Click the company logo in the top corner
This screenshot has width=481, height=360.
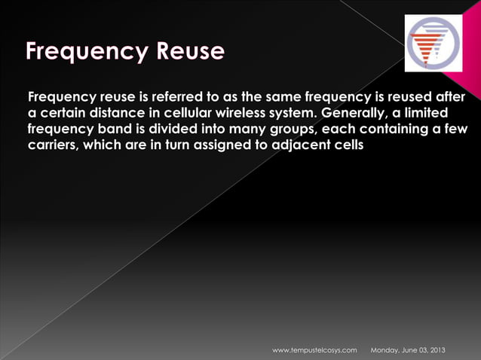434,43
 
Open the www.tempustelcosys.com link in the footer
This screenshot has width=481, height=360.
314,350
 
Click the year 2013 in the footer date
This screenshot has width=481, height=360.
436,350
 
